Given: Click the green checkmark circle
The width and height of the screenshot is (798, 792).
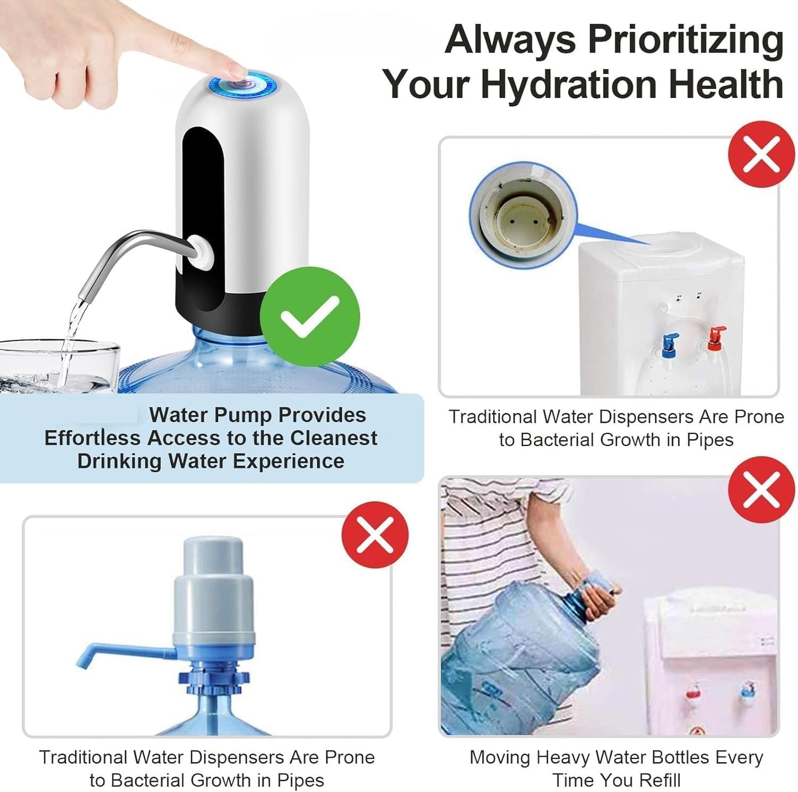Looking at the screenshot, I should tap(309, 316).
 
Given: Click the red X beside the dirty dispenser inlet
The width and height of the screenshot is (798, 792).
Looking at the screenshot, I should tap(761, 154).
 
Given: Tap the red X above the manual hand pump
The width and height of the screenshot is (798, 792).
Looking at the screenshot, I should tap(375, 534).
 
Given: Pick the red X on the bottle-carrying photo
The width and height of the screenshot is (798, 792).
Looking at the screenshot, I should tap(761, 489).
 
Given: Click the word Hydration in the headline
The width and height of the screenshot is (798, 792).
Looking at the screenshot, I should tap(570, 84).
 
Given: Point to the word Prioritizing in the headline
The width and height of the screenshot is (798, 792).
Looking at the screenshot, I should tap(685, 40).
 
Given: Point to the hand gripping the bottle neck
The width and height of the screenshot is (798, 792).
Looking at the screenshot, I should tap(599, 599).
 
